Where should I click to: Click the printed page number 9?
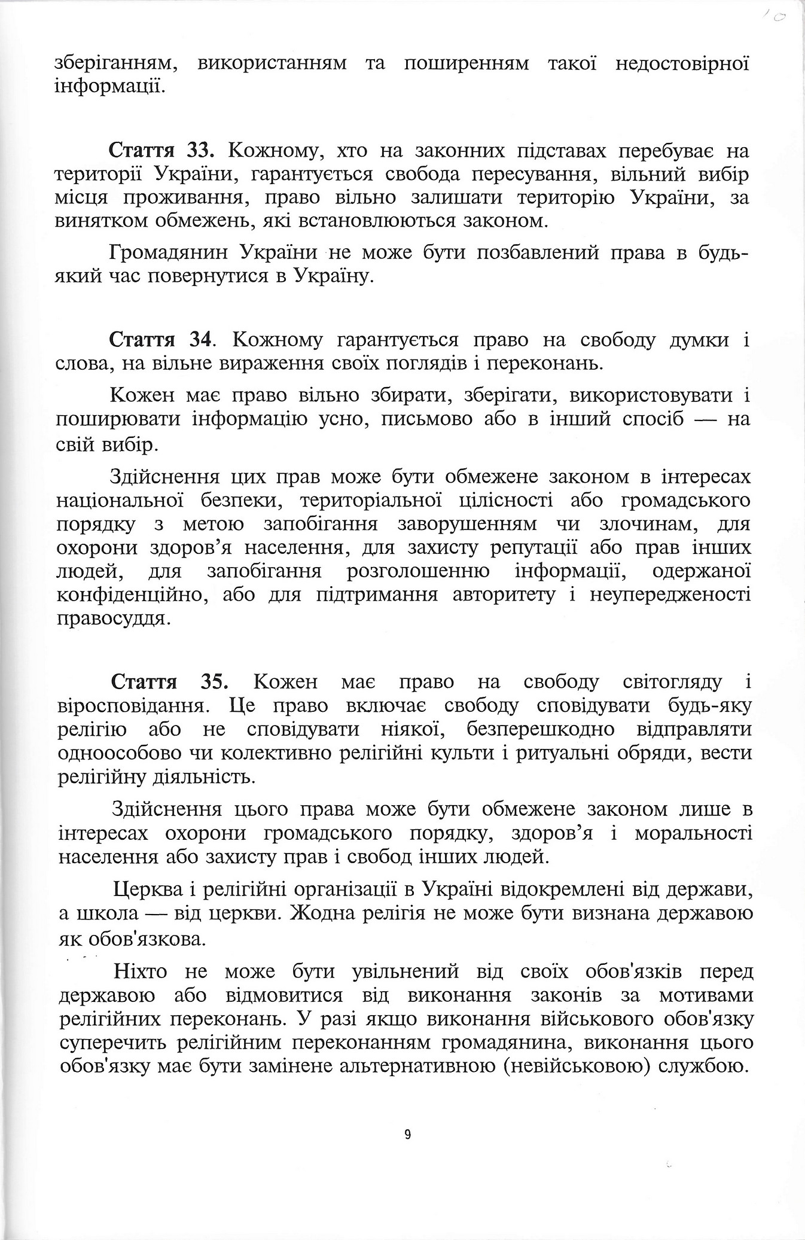coord(408,1134)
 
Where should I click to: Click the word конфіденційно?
coord(132,595)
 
